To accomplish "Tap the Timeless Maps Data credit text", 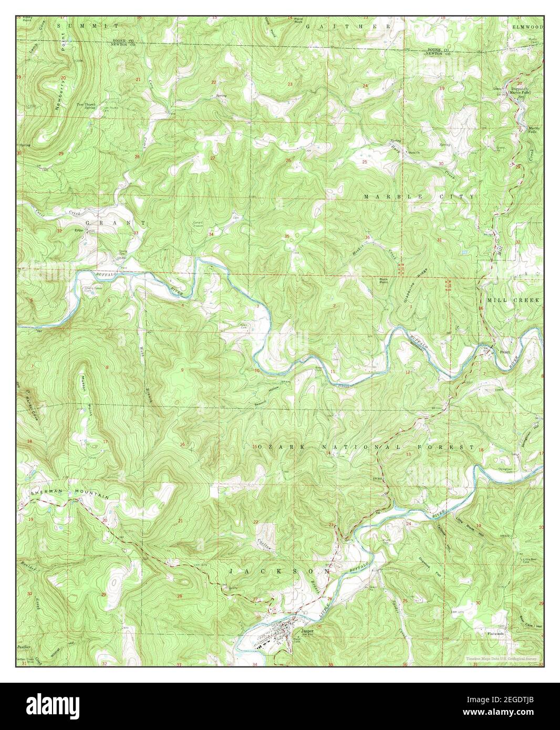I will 503,658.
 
